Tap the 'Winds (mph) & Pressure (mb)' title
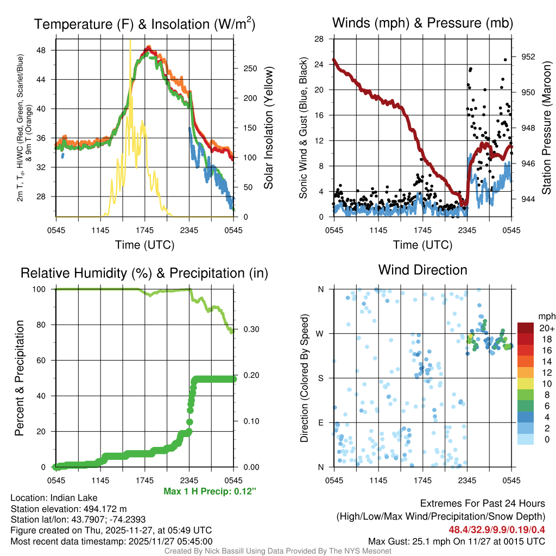click(x=422, y=23)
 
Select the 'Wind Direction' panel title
click(x=422, y=270)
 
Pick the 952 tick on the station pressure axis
click(x=528, y=56)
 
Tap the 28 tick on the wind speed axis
click(x=320, y=39)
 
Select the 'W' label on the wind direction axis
click(x=321, y=333)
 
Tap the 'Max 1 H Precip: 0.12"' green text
click(x=210, y=491)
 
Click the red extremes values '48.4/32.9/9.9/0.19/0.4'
click(x=497, y=529)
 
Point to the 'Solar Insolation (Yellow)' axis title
click(x=268, y=128)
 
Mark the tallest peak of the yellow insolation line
click(x=130, y=41)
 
